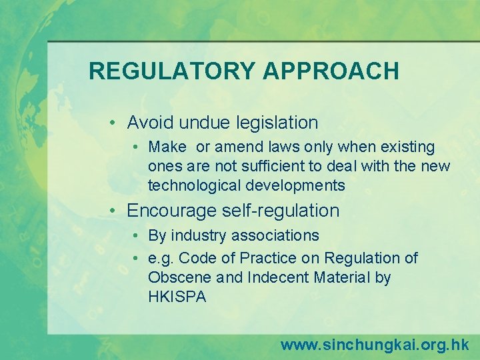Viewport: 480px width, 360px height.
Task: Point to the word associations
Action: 275,235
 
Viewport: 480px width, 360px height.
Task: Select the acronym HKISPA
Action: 177,297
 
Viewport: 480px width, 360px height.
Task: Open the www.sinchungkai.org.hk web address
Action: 374,345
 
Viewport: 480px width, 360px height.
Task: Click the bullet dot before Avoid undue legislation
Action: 115,123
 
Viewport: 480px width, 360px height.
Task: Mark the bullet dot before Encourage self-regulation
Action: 115,211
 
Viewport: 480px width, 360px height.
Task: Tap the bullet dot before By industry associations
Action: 135,236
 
